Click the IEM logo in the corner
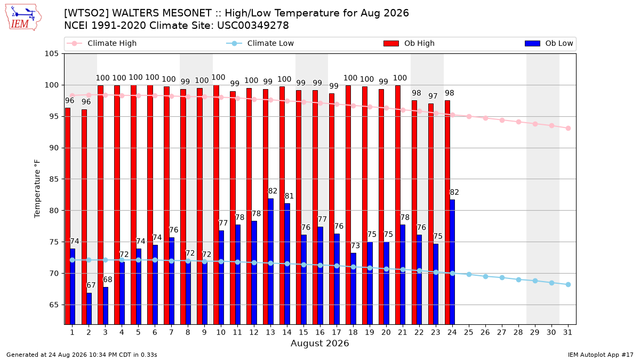[23, 18]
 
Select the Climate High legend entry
[101, 43]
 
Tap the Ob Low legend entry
[549, 43]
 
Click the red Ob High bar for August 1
[68, 216]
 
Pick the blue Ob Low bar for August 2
[89, 309]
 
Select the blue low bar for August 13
[270, 261]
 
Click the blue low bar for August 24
[452, 262]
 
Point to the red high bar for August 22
[414, 212]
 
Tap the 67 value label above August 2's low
[91, 285]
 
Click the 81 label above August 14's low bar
[289, 196]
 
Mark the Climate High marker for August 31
[569, 129]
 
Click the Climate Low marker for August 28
[518, 279]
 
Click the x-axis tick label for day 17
[337, 332]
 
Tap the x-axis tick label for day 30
[551, 332]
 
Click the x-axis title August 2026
[320, 343]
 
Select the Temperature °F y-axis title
[37, 189]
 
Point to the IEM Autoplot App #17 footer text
[601, 355]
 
